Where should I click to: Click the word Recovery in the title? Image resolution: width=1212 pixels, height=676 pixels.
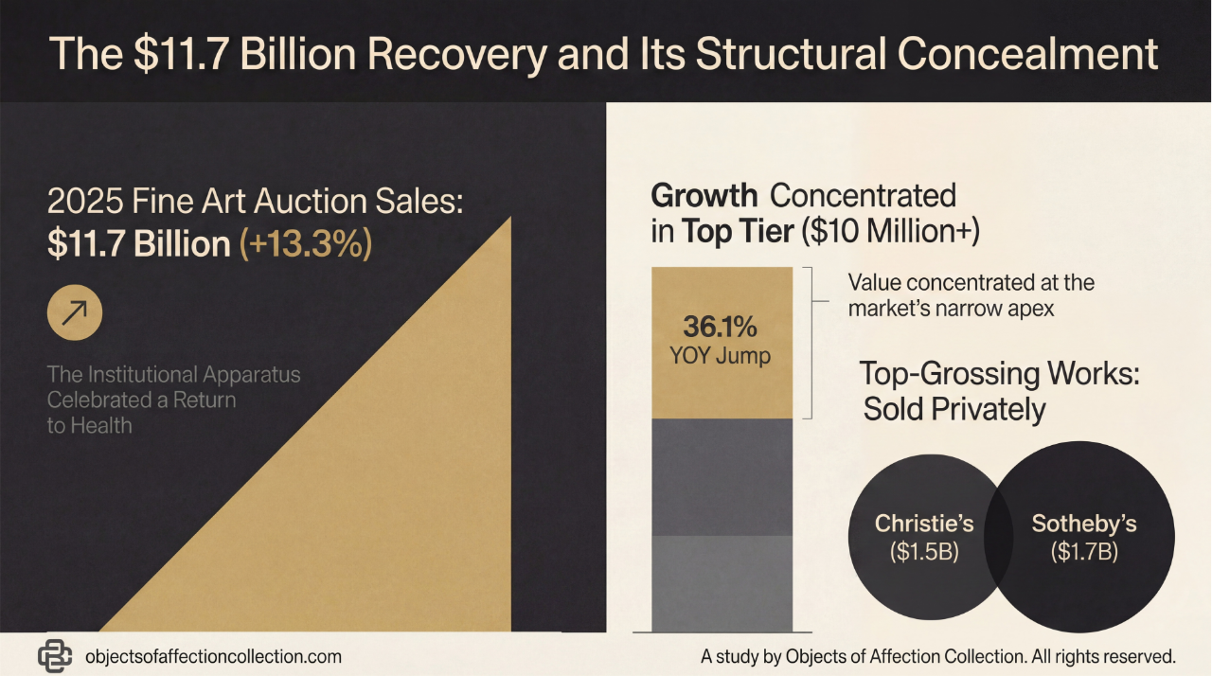[454, 54]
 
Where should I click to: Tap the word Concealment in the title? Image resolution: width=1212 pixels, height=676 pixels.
[1027, 54]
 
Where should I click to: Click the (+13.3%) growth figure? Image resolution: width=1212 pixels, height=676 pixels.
[305, 243]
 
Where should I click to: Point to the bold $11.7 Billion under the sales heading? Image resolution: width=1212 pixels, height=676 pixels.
[138, 243]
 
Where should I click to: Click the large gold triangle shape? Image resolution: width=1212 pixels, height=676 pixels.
[398, 492]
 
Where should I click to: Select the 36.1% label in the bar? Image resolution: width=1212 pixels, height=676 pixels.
[721, 329]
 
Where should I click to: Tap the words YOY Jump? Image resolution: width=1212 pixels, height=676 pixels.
[721, 357]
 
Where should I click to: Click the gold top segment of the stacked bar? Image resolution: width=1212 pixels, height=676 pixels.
[721, 294]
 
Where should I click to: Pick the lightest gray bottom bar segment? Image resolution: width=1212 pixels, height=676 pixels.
[721, 582]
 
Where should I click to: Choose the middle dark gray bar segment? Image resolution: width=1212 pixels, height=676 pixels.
[721, 476]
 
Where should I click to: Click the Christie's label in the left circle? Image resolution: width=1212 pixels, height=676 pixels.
[924, 524]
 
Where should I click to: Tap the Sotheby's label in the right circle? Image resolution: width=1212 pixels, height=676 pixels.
[1084, 524]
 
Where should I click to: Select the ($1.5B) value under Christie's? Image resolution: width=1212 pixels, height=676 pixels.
[924, 552]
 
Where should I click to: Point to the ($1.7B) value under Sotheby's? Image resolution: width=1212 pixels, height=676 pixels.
[1084, 552]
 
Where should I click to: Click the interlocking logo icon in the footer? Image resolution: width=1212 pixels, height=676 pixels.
[56, 655]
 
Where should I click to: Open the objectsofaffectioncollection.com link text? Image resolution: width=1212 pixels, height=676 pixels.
[213, 656]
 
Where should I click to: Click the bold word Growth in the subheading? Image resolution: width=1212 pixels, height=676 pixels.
[704, 196]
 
